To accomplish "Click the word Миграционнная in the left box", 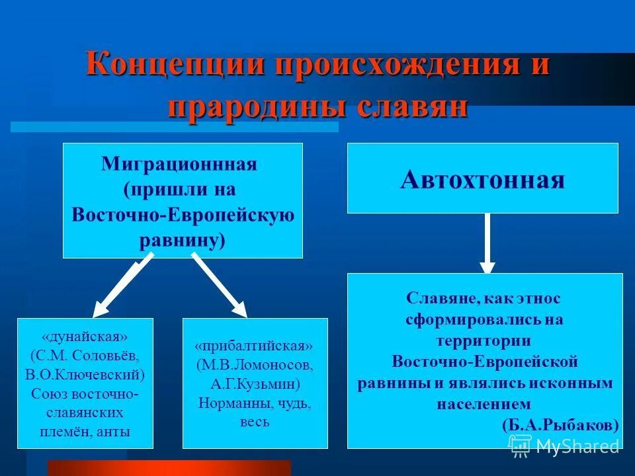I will pyautogui.click(x=179, y=164).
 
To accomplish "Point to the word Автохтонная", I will pyautogui.click(x=482, y=178).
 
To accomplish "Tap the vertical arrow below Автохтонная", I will pyautogui.click(x=487, y=242).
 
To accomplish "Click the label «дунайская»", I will pyautogui.click(x=85, y=337).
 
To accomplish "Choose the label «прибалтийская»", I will pyautogui.click(x=255, y=346).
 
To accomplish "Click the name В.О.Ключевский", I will pyautogui.click(x=85, y=374).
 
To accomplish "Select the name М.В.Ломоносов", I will pyautogui.click(x=255, y=365).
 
